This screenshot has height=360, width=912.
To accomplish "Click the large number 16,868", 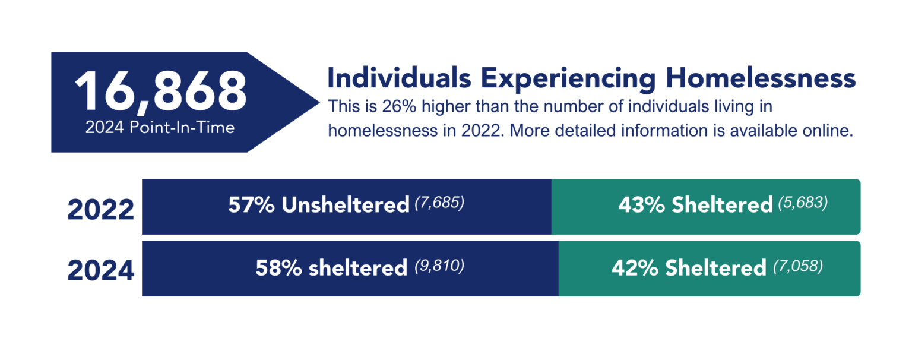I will pyautogui.click(x=160, y=93).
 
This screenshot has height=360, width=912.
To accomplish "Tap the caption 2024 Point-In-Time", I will pyautogui.click(x=160, y=128).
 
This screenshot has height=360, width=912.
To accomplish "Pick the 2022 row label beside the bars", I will pyautogui.click(x=100, y=210).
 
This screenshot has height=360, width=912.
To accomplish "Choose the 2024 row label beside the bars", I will pyautogui.click(x=100, y=271).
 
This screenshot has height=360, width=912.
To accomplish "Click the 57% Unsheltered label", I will pyautogui.click(x=319, y=206).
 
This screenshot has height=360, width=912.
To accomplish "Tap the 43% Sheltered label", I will pyautogui.click(x=695, y=206).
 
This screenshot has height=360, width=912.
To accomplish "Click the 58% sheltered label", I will pyautogui.click(x=331, y=268).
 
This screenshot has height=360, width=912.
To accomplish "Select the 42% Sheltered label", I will pyautogui.click(x=689, y=268).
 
